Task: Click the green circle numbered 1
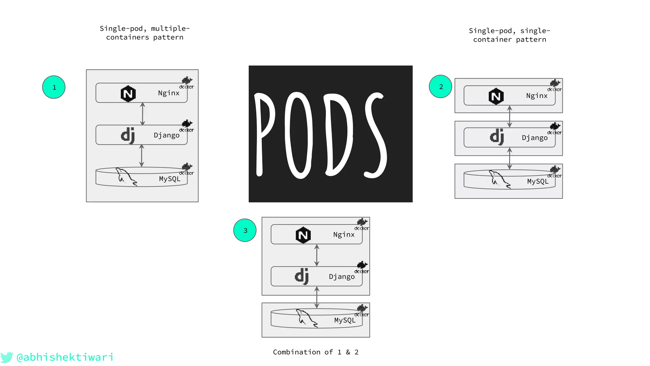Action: (x=54, y=87)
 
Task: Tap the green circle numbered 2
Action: (x=441, y=86)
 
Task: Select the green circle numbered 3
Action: (x=245, y=230)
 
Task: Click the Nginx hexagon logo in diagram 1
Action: (x=128, y=93)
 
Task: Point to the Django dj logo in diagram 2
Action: (x=497, y=137)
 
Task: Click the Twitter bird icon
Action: (x=6, y=357)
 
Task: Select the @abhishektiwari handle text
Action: (x=65, y=357)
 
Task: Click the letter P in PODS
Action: (x=264, y=133)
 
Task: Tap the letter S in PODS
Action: (x=376, y=135)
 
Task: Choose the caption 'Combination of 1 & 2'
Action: (x=315, y=352)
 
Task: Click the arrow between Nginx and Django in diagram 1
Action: (x=143, y=114)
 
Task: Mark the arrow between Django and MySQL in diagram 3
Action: (x=317, y=297)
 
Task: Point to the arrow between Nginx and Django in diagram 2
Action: (x=509, y=117)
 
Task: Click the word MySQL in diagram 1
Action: (x=169, y=179)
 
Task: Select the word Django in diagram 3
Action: (x=342, y=277)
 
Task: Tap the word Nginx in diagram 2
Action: (x=537, y=96)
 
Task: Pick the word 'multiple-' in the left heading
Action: (x=170, y=29)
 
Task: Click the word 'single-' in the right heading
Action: (x=535, y=31)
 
